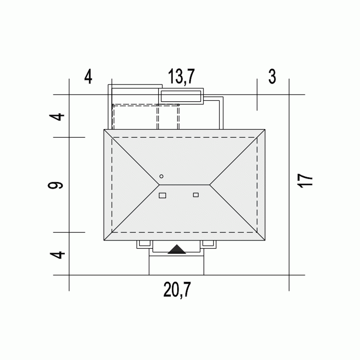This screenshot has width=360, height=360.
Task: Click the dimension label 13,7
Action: point(181,76)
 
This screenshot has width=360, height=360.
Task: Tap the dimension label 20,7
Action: point(177,290)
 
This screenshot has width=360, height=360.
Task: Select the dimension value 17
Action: point(305,181)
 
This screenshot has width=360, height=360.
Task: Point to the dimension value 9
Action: point(55,185)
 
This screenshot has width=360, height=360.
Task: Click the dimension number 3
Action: point(272,77)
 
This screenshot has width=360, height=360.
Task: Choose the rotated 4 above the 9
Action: point(57,117)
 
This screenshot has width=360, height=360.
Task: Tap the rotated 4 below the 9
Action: point(58,255)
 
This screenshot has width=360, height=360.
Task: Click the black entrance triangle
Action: point(177,249)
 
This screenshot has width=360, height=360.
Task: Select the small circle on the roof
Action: point(161,176)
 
